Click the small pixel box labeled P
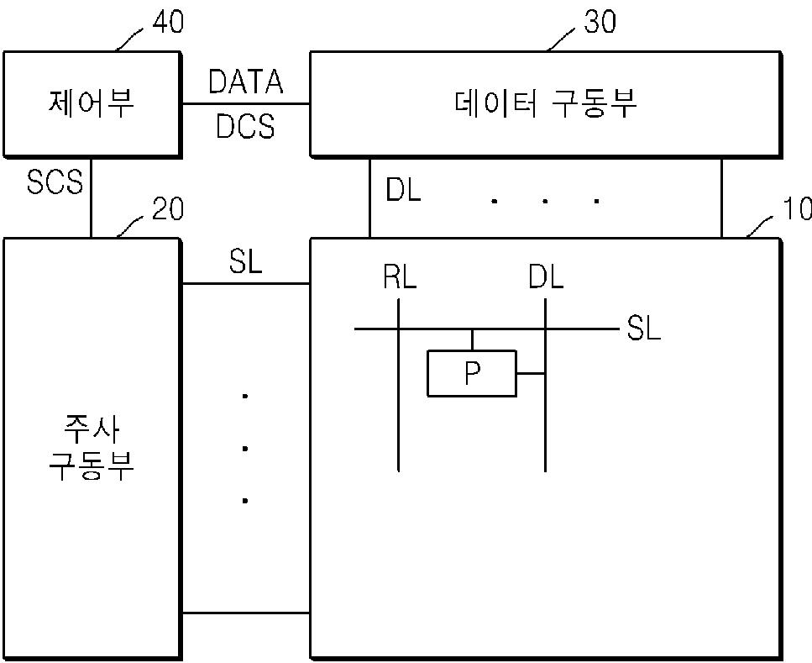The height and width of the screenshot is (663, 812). pos(471,374)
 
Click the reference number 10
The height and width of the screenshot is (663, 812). pos(795,208)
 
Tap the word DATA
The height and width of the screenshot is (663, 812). pos(245,82)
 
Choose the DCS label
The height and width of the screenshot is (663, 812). pos(245,126)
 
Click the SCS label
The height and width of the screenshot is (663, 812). pos(55,182)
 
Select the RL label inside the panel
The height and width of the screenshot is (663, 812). pos(399,276)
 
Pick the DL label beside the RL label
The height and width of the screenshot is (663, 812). pos(546,276)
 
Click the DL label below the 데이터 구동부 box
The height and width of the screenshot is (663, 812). pos(404,191)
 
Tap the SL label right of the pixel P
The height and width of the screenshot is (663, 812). pos(643,329)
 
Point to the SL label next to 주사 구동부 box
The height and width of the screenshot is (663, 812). pos(245,262)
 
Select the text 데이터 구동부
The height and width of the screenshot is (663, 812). pos(546,104)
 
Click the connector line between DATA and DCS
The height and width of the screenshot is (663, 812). pos(245,104)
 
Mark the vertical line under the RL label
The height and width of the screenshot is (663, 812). pos(398,403)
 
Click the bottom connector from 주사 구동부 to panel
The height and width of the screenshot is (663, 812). pos(245,613)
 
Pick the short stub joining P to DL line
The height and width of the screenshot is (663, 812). pos(531,374)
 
